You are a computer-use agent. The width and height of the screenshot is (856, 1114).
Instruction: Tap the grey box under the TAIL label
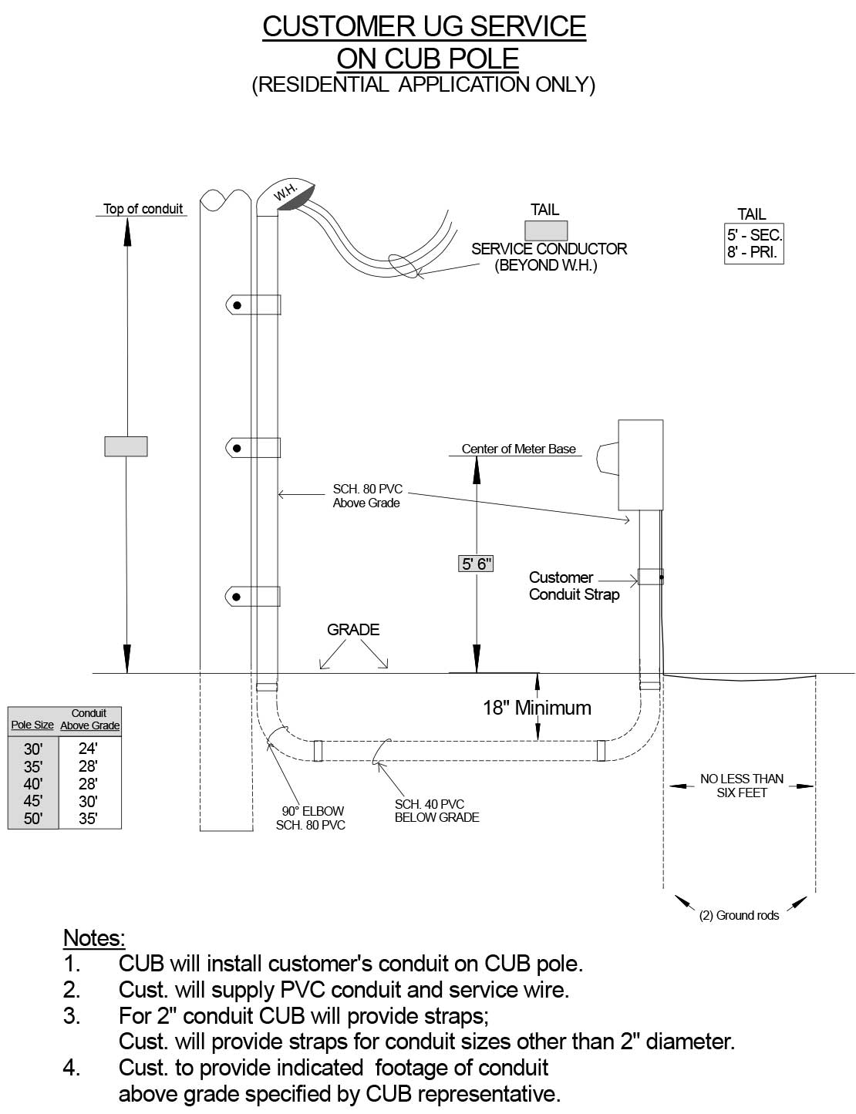pos(546,231)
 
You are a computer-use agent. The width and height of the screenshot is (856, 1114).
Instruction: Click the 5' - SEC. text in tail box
pos(754,236)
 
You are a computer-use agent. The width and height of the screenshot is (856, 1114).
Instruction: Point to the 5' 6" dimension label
pos(476,564)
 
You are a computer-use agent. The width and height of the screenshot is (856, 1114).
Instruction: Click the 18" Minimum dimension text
pos(537,708)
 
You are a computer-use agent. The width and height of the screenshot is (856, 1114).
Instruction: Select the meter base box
pos(641,465)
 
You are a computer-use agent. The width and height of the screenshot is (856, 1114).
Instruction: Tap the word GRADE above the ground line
pos(353,630)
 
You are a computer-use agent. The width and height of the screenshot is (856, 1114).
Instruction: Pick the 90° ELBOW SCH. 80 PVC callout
pos(312,818)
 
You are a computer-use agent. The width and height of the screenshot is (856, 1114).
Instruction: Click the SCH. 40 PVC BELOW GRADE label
pos(436,811)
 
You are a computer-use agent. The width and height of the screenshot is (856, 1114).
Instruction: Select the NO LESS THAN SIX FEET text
pos(741,786)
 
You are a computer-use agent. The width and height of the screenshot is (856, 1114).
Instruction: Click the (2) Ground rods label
pos(739,916)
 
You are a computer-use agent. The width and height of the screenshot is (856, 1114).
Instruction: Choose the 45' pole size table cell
pos(33,801)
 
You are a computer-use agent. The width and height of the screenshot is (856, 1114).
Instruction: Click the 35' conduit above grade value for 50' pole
pos(89,819)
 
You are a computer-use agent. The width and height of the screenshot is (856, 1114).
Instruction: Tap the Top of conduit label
pos(143,209)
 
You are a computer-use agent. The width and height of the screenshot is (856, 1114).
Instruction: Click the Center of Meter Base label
pos(518,449)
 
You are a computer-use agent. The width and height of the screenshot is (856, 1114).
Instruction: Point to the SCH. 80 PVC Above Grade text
pos(367,496)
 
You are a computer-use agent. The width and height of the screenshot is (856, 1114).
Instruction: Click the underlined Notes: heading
pos(93,938)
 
